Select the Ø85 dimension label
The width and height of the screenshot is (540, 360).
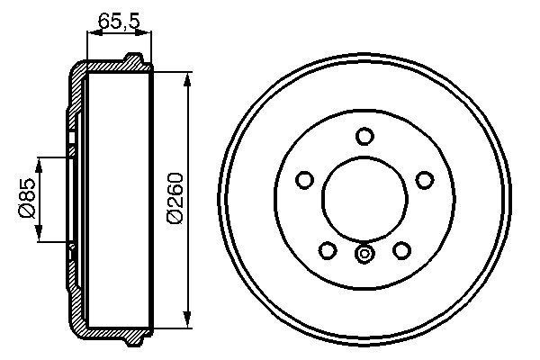coord(27,199)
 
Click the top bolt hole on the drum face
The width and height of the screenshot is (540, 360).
coord(364,136)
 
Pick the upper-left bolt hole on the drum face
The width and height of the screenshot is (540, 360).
coord(305,180)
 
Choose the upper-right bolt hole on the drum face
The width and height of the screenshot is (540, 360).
coord(424,180)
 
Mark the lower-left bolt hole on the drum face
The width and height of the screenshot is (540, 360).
coord(328,249)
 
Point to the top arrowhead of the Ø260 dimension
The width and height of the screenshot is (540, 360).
coord(187,79)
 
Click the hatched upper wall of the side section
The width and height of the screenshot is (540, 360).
coord(108,67)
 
